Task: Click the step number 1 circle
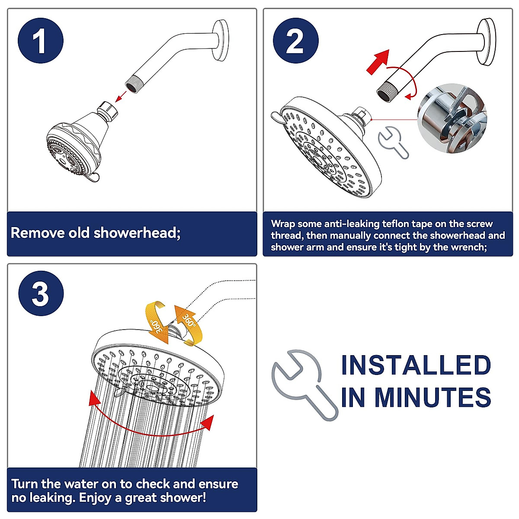click(41, 41)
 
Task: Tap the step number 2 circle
click(296, 41)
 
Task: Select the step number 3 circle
click(41, 293)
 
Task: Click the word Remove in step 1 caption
click(36, 233)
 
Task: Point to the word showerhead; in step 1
click(137, 233)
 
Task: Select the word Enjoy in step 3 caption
click(95, 498)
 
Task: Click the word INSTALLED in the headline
click(416, 365)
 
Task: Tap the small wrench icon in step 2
click(393, 142)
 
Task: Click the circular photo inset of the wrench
click(452, 119)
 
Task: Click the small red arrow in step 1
click(121, 96)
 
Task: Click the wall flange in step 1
click(220, 40)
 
